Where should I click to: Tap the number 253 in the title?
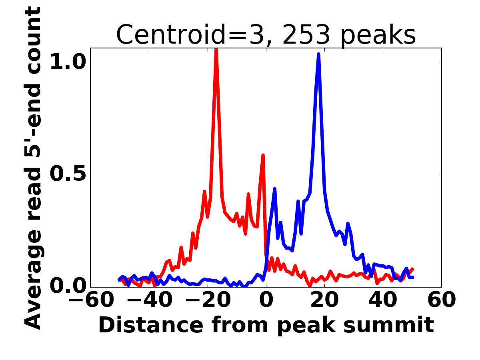click(306, 35)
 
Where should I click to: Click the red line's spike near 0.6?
click(263, 155)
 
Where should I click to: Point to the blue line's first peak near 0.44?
click(275, 189)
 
